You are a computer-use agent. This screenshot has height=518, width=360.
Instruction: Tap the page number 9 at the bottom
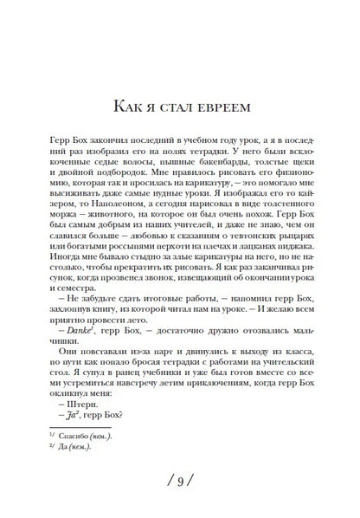click(x=180, y=480)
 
